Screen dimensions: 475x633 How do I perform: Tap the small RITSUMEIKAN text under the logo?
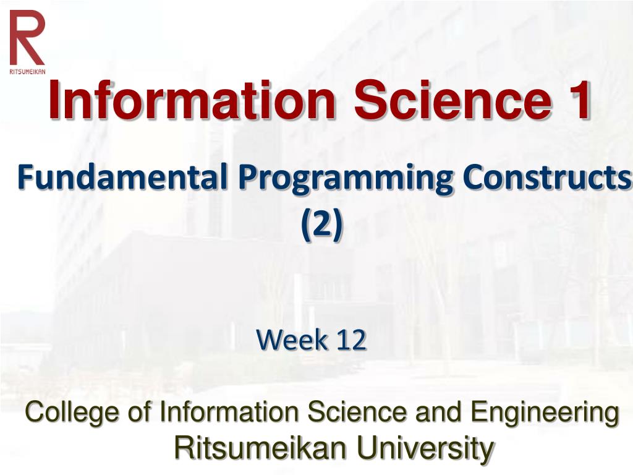point(27,71)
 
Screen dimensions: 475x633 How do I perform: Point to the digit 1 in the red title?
point(579,101)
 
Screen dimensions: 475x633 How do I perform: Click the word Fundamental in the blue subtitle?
point(123,179)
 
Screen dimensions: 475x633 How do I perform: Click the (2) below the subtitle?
point(321,226)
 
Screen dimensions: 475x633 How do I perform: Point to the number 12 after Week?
point(351,340)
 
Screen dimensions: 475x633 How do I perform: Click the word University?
point(425,448)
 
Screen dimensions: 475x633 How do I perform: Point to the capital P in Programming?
point(247,179)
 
